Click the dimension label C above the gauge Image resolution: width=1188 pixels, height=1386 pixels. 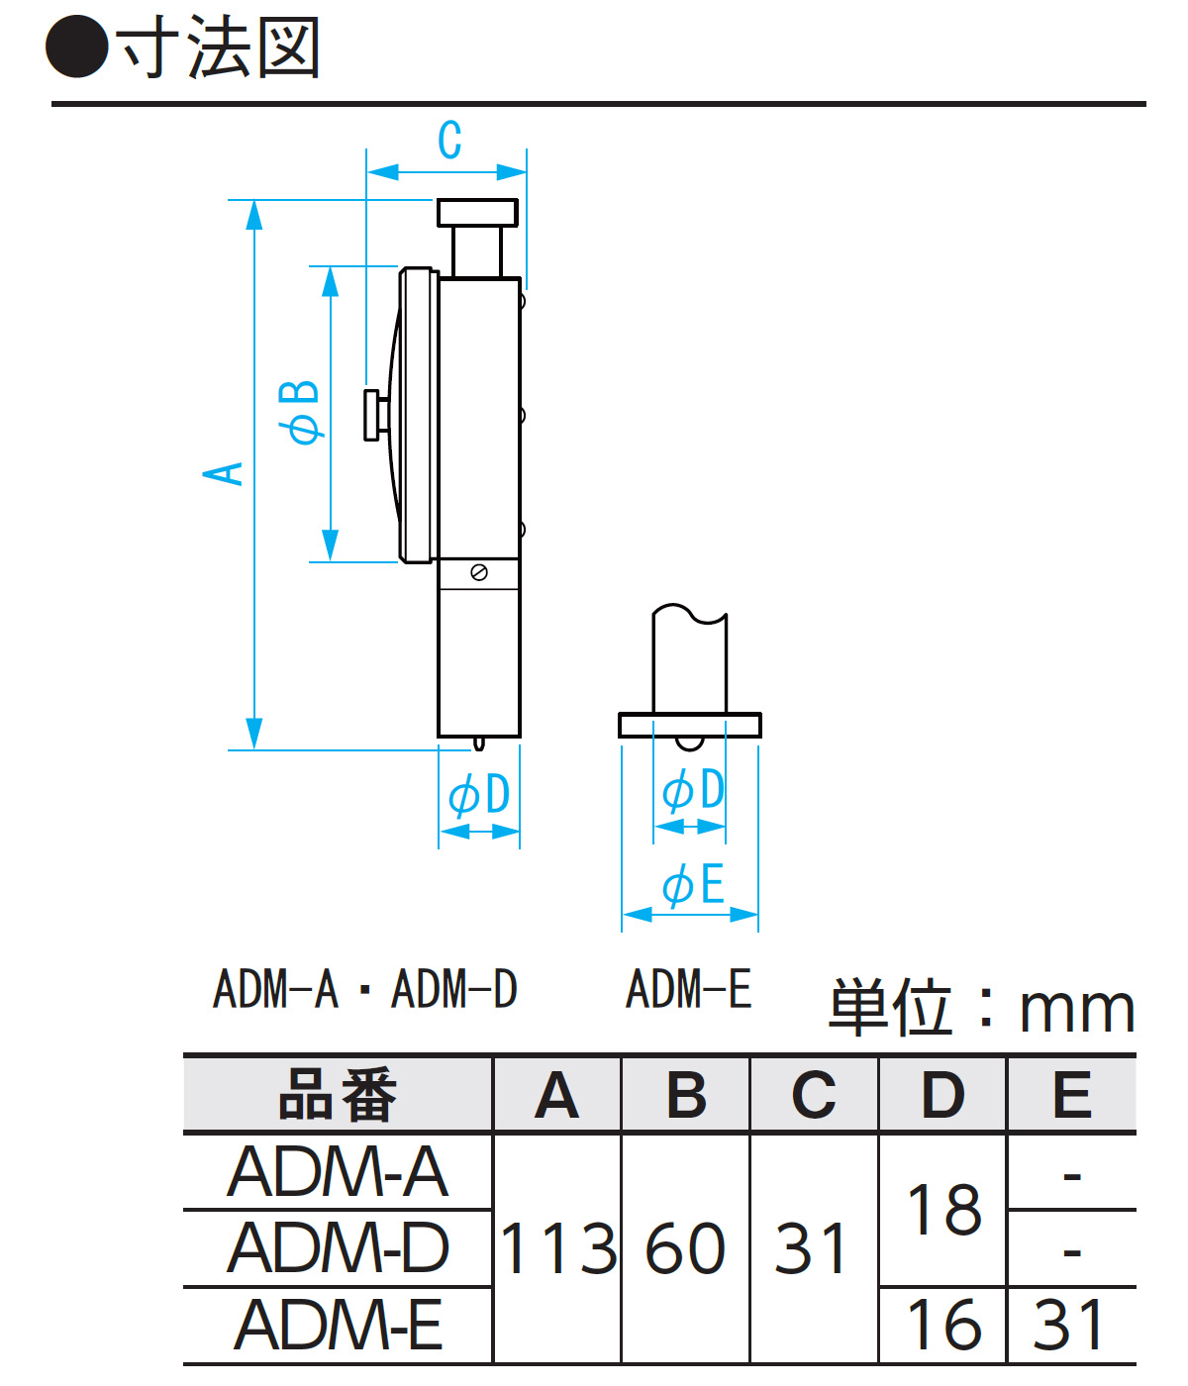tap(449, 140)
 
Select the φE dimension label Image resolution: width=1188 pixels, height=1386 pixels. tap(693, 884)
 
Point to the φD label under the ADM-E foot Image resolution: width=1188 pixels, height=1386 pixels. tap(693, 790)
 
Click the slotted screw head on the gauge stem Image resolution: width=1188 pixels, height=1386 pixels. tap(479, 572)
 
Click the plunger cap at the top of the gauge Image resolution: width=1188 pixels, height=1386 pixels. tap(477, 213)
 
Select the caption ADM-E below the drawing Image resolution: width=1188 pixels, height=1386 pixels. tap(689, 989)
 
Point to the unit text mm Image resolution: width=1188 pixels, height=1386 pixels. tap(1076, 1009)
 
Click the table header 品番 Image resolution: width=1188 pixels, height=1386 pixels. tap(338, 1095)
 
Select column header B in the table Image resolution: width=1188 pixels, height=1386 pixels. tap(686, 1095)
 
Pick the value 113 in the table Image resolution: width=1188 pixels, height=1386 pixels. tap(558, 1248)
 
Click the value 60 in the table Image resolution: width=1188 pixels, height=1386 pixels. tap(685, 1248)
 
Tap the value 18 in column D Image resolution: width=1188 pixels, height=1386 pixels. tap(943, 1210)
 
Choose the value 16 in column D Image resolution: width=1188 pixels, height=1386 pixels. tap(943, 1325)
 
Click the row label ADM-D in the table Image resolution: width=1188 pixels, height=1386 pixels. tap(338, 1247)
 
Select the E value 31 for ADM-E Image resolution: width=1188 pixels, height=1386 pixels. tap(1069, 1325)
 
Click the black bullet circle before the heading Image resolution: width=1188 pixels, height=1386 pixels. tap(77, 48)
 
